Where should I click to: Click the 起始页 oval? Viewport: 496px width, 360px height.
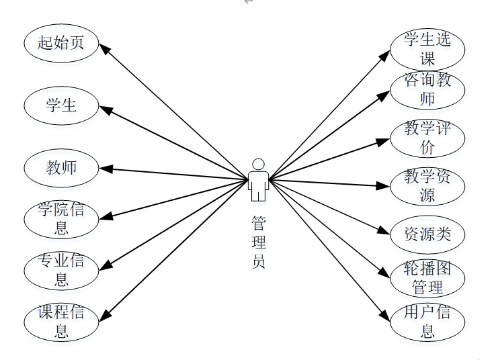[61, 44]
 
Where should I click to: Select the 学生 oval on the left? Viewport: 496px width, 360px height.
[61, 105]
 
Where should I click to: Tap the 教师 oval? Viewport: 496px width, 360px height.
[61, 167]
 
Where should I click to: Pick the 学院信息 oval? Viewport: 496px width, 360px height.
[61, 219]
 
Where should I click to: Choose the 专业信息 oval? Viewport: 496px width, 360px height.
[61, 269]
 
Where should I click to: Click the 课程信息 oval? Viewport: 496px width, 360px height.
[61, 321]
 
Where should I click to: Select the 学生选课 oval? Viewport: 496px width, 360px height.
[427, 49]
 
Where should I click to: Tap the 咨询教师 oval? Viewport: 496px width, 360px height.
[427, 90]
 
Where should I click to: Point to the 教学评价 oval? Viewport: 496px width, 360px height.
[427, 138]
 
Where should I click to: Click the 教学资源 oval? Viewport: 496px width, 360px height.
[427, 186]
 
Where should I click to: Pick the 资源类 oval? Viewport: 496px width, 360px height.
[427, 234]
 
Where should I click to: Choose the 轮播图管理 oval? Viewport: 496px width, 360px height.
[427, 279]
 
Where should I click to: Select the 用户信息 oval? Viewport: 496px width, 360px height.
[427, 321]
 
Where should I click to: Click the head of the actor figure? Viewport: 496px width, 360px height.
[257, 164]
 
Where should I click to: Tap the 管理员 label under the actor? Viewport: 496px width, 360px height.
[258, 242]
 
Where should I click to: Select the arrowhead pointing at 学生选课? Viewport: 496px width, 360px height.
[386, 53]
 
